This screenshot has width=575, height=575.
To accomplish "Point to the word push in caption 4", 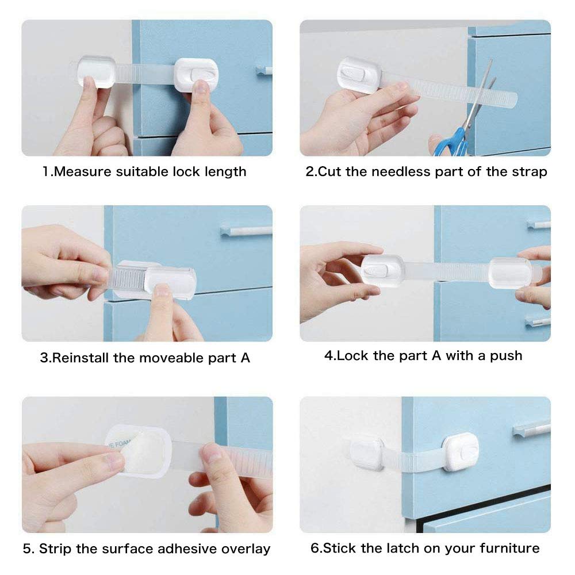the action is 506,356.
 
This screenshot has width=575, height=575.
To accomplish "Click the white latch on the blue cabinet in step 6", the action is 461,451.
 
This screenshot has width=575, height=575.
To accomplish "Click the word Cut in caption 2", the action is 329,171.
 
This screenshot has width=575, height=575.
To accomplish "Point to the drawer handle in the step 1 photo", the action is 264,70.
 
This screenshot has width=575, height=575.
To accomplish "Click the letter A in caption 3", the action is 246,358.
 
